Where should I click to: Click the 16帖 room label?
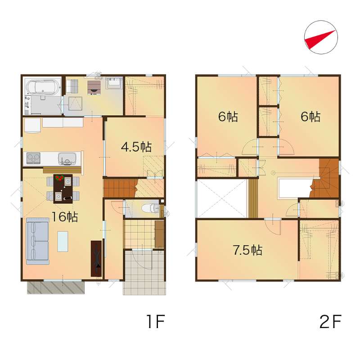65,216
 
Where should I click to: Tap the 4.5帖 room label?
136,147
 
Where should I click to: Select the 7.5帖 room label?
247,250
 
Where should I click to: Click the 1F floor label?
156,322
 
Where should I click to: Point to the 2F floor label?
330,322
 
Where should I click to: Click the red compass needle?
320,39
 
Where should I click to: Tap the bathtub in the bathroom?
42,87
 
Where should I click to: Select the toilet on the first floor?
151,209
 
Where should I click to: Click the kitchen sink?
67,159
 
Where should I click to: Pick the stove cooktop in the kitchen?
33,158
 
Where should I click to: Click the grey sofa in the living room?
37,241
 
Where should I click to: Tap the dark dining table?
63,189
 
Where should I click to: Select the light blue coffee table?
63,242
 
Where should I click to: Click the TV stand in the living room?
96,258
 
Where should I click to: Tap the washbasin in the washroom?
114,83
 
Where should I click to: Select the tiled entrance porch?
144,273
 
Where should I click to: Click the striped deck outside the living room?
56,287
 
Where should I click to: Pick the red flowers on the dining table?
59,177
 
